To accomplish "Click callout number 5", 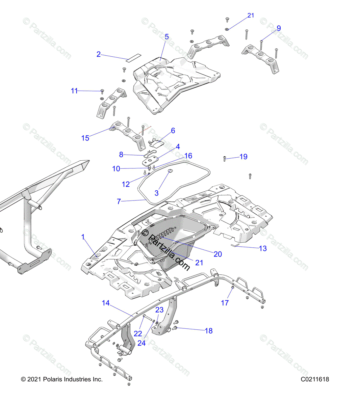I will click(x=167, y=37).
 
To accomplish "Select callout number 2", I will click(x=99, y=54).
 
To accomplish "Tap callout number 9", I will click(x=279, y=28).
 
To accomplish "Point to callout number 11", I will click(x=74, y=91).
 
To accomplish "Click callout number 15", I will click(x=85, y=138).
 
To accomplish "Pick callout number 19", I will click(x=243, y=157).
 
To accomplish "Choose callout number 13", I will click(x=263, y=248).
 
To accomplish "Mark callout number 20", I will click(x=218, y=254).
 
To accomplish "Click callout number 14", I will click(x=106, y=303).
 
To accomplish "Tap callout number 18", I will click(x=209, y=331).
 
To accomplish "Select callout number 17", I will click(x=225, y=303).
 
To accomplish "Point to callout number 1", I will click(x=83, y=237).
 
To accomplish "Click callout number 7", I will click(x=119, y=201).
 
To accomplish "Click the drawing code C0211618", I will click(x=315, y=379).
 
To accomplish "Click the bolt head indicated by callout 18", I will click(x=176, y=328).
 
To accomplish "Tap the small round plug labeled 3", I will click(x=170, y=171).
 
